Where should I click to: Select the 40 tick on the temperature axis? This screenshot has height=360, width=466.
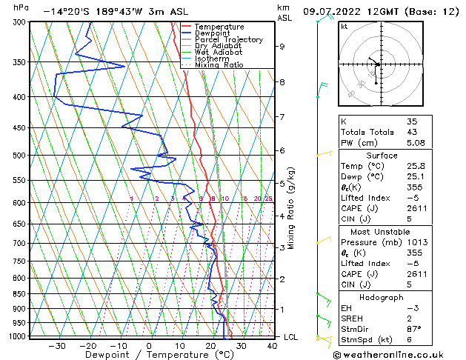point(271,345)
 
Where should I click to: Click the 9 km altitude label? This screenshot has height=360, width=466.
point(282,46)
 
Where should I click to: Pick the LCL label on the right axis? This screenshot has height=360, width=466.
point(291,337)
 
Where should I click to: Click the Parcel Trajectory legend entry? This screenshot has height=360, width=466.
point(228,39)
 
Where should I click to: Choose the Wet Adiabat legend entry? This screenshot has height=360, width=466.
point(219,52)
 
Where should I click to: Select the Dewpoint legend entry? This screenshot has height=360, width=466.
point(214,33)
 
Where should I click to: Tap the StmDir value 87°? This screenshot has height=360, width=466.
point(415,329)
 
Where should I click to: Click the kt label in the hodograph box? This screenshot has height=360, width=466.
point(344,26)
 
